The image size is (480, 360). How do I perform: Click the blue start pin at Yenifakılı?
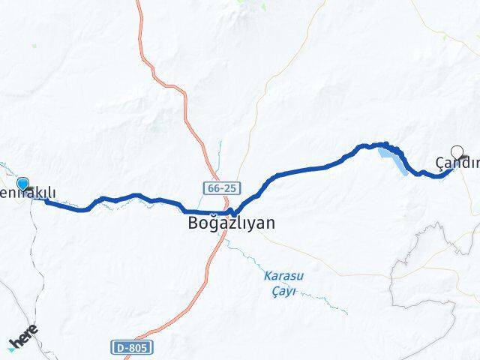click(22, 184)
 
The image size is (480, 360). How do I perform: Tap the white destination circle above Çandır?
click(457, 151)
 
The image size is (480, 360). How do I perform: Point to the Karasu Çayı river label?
click(281, 283)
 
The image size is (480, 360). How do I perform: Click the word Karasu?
click(281, 275)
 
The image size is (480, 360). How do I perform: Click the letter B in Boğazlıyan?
click(193, 223)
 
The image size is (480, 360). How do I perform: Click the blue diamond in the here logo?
click(12, 346)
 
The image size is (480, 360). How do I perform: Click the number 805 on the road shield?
click(138, 347)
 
